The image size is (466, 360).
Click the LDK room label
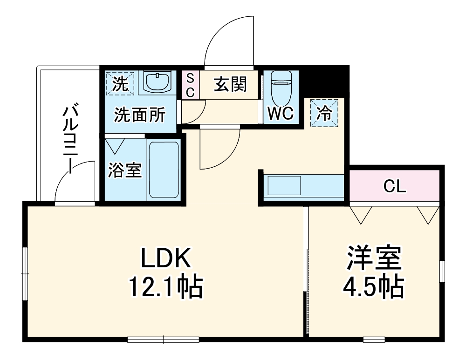click(x=166, y=259)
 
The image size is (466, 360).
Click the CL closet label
click(x=395, y=186)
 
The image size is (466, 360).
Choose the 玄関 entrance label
click(x=230, y=85)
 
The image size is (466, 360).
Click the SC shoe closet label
click(x=190, y=85)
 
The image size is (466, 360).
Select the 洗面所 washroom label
click(x=140, y=115)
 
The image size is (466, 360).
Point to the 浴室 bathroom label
click(x=124, y=170)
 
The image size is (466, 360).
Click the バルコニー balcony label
click(x=71, y=140)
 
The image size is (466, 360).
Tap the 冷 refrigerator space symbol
click(x=324, y=113)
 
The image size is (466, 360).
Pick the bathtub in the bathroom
click(x=164, y=170)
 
